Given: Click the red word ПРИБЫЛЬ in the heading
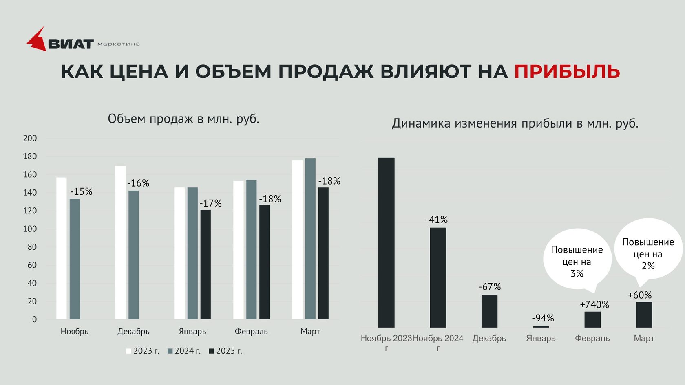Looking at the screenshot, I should pos(567,72).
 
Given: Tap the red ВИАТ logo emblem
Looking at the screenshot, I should pos(37,40).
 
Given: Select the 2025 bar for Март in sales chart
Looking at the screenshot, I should pos(323,253).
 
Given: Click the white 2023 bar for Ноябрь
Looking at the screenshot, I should pos(62,248).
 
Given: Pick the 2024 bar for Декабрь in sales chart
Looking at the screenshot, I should pos(134,255).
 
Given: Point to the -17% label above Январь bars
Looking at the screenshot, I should pos(210,203).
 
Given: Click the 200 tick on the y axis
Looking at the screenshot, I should pos(30,139).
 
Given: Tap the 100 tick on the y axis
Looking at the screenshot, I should pos(30,229).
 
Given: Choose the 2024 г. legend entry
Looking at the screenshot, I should pos(184,351).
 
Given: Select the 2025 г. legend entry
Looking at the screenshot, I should pos(225,351).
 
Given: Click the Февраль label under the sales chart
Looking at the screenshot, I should pos(251,332).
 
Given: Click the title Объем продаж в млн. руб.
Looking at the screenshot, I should pos(183,119).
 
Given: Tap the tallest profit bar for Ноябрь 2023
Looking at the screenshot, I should pos(386,242).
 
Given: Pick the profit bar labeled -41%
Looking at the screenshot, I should pos(438,277).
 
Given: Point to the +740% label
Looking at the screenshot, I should pos(594,305).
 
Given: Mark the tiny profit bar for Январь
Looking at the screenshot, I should pos(541,326).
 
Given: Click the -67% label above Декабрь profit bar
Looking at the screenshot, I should pos(489,287).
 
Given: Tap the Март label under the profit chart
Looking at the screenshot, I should pos(644,339).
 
